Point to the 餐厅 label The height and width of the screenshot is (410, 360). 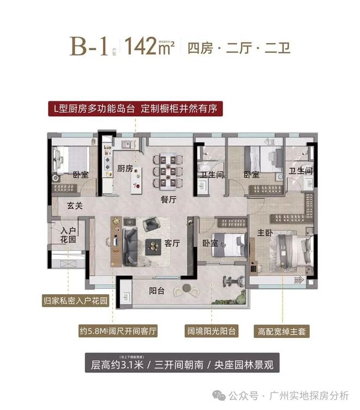click(169, 200)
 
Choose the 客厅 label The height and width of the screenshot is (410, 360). click(172, 244)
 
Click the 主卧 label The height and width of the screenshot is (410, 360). click(265, 233)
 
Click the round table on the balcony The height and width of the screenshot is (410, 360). click(188, 288)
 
